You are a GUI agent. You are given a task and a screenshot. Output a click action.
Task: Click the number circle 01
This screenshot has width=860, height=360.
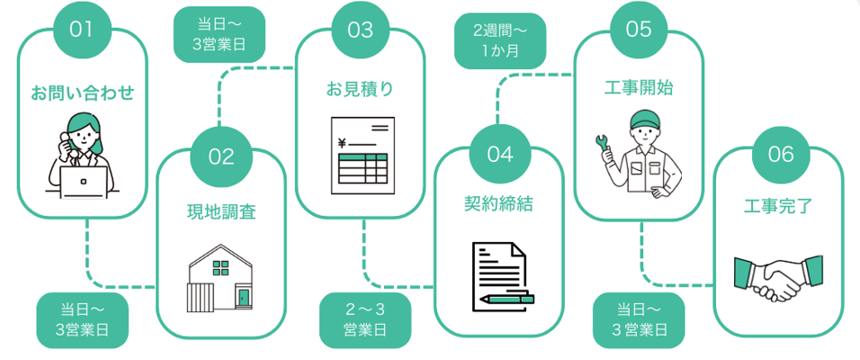[82, 29]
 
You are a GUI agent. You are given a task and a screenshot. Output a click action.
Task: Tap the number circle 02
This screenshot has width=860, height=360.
[221, 157]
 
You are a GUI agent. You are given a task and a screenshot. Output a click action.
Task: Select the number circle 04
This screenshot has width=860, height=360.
[499, 154]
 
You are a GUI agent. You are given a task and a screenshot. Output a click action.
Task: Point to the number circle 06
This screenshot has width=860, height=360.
[781, 154]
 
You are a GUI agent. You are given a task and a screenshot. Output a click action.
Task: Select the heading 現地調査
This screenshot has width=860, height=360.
[221, 212]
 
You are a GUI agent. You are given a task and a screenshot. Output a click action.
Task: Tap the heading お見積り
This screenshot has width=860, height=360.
[360, 89]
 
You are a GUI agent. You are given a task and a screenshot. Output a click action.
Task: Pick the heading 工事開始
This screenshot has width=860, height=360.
[639, 88]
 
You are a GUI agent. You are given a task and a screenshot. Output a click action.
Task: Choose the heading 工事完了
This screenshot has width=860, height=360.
[779, 205]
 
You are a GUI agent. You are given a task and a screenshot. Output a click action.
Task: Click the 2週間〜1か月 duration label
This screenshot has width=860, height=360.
[500, 40]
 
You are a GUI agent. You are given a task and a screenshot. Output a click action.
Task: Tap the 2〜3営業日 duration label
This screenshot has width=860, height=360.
[365, 320]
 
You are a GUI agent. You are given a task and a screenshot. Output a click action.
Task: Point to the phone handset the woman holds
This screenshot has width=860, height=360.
[64, 141]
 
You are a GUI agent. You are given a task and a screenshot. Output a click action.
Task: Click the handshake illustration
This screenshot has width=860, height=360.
[778, 277]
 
